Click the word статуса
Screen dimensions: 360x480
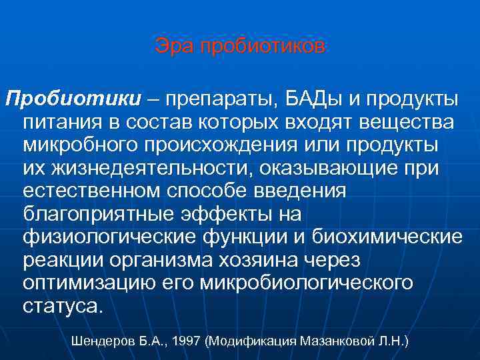[x=63, y=305]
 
